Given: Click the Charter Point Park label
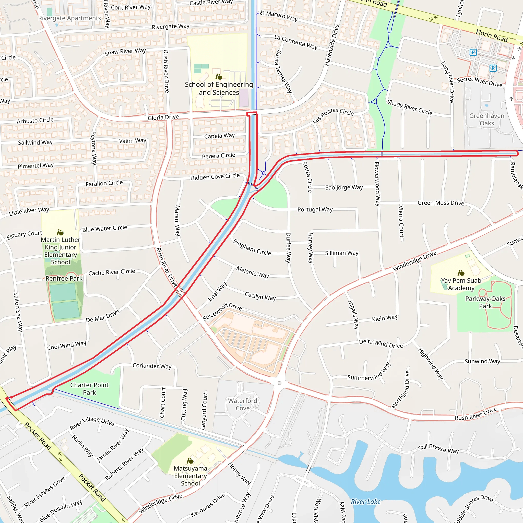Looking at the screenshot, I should (89, 389).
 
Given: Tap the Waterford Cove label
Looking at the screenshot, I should (243, 405).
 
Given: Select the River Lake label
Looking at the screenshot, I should (365, 502).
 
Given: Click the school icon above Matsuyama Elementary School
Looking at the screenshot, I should (190, 461).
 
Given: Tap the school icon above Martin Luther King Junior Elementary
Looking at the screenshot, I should (60, 233).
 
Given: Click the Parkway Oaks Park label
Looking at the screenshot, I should (485, 302).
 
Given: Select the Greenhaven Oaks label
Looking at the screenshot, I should (487, 119).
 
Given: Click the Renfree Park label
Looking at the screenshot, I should (64, 279).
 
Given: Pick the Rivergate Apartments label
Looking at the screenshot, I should (69, 18).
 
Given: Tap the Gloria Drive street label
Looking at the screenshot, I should (163, 117).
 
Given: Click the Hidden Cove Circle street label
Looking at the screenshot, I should (215, 177).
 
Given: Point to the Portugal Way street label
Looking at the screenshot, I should (315, 209).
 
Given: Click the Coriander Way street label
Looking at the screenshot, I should (152, 366).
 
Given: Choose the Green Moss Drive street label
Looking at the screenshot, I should (441, 203).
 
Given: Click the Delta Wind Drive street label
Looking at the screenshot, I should (381, 343).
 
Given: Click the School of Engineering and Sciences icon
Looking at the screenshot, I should (219, 77).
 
